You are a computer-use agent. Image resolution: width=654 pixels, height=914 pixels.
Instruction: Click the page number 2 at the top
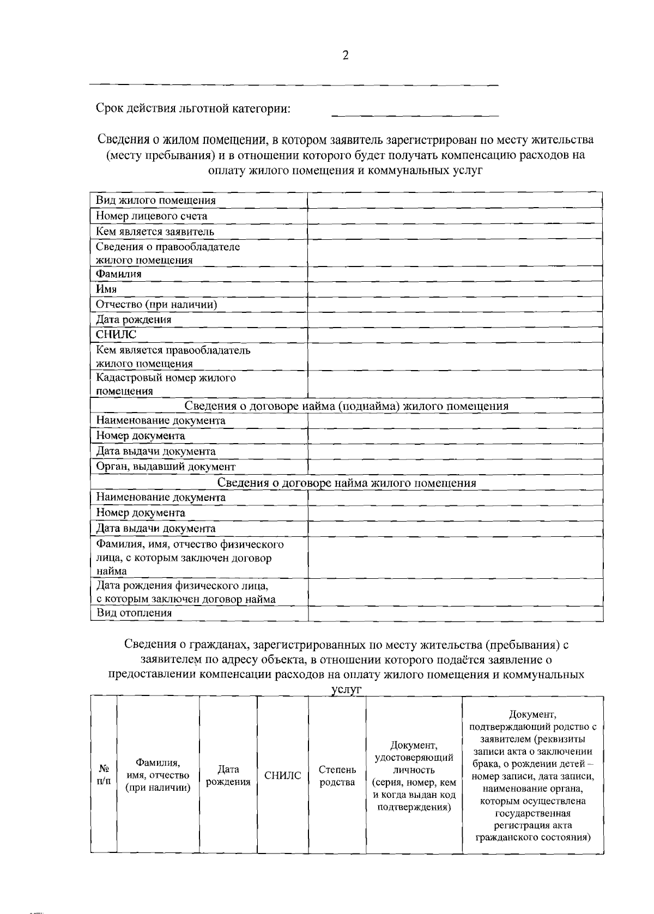345,55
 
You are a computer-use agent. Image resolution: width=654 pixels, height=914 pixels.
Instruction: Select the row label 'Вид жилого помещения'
156,201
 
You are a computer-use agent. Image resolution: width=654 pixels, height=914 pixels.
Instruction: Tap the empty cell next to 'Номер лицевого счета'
455,216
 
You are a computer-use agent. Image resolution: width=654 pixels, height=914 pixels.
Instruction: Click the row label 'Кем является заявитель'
155,232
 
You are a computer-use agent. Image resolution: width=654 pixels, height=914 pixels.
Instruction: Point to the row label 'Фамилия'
119,274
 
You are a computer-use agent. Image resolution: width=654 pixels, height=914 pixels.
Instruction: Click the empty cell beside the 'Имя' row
455,289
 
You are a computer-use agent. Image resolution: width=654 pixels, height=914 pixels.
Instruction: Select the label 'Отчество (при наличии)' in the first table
156,305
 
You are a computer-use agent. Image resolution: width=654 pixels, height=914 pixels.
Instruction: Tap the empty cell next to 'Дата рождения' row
455,320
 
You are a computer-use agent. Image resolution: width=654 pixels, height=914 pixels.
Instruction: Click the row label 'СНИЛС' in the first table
116,335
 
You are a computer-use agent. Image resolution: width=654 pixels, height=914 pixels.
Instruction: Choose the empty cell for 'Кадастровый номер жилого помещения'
455,384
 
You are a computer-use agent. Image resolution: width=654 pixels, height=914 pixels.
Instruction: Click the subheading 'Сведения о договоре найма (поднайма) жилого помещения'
346,406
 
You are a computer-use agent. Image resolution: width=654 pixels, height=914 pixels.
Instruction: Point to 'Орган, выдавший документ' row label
166,467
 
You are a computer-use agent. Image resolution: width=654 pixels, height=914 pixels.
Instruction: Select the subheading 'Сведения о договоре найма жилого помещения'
347,483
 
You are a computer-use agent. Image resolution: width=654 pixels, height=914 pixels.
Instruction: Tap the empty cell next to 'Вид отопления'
455,613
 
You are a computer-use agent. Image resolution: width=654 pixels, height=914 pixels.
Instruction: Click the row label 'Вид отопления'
134,613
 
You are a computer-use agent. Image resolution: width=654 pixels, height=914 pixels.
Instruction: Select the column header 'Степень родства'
337,776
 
